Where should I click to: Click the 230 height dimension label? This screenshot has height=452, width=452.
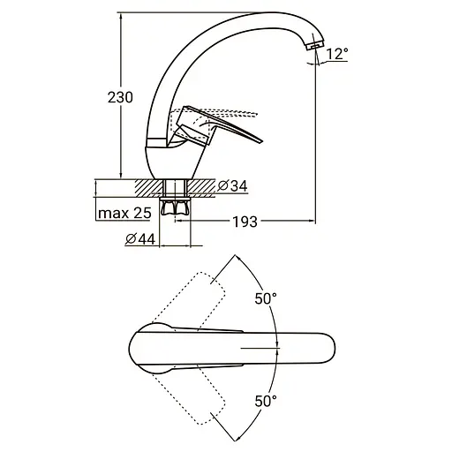click(x=120, y=97)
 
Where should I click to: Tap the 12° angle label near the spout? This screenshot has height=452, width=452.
click(x=337, y=54)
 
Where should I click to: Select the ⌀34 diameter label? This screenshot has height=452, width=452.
click(x=232, y=185)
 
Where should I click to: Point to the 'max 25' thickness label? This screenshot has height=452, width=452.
click(x=124, y=213)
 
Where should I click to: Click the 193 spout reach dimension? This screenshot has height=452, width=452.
click(x=245, y=222)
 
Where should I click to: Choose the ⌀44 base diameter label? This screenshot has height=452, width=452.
click(x=140, y=239)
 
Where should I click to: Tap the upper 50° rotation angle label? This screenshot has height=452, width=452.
click(x=266, y=299)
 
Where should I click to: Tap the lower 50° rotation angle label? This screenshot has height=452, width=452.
click(x=266, y=401)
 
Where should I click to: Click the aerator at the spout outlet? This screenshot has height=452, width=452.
click(x=314, y=45)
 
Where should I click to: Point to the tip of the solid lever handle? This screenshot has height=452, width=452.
click(x=262, y=141)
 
